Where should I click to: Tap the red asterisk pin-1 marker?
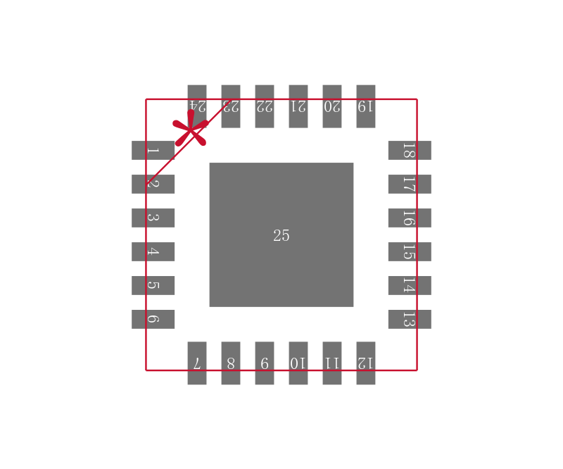190,129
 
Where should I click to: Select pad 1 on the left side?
153,150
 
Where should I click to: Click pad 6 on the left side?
153,319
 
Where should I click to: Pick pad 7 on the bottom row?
197,363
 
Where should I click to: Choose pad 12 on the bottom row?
366,363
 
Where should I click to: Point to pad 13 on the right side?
410,319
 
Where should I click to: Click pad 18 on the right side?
410,150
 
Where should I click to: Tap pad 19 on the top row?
366,106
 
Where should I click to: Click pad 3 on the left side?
153,218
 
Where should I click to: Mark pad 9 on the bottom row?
265,363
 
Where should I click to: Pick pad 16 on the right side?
410,218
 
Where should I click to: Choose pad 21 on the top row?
298,106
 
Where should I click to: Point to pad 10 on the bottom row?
298,363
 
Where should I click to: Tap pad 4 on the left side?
153,251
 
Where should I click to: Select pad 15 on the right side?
410,251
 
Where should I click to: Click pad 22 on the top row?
265,106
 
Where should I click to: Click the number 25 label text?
281,236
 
